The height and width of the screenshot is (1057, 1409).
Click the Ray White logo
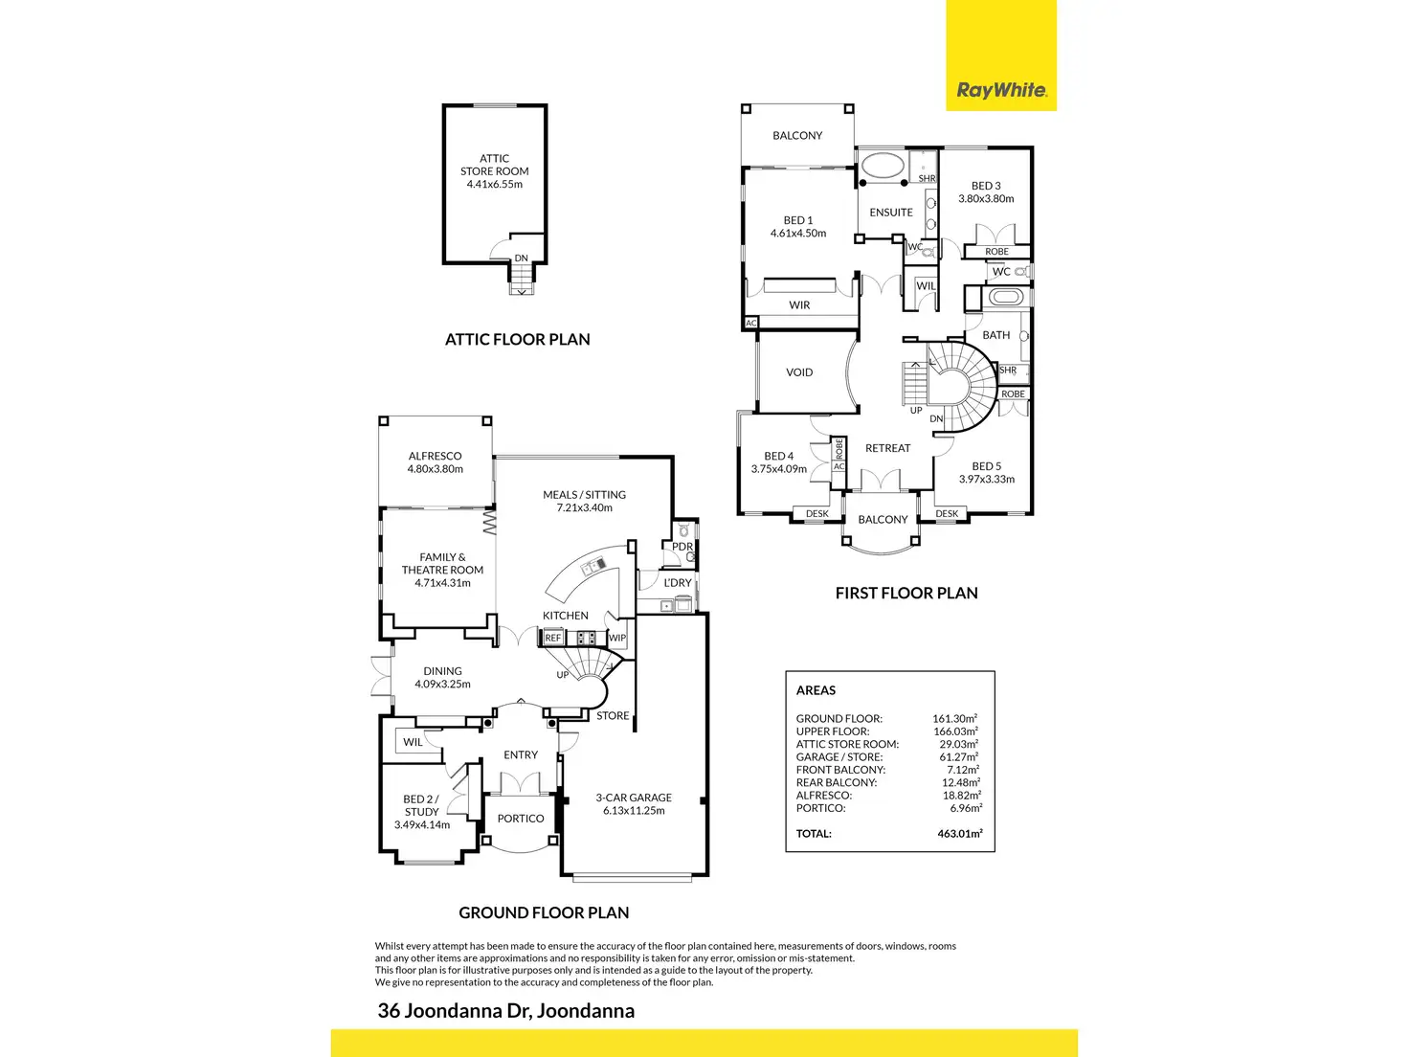click(1001, 90)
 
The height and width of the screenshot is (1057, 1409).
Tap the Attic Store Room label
click(494, 171)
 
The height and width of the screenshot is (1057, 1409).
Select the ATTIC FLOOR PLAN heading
click(517, 339)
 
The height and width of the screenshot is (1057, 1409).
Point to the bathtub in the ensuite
click(883, 166)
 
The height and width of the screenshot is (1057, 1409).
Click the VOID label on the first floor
click(799, 372)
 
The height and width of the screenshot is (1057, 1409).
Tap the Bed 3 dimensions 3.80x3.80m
click(986, 199)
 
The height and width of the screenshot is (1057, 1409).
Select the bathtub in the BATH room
click(1004, 297)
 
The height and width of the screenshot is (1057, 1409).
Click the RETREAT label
click(887, 448)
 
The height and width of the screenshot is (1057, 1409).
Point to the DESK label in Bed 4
click(816, 514)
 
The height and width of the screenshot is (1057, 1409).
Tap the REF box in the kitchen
click(552, 638)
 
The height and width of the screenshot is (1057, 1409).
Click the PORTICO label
click(521, 819)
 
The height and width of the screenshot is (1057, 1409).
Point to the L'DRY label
click(678, 583)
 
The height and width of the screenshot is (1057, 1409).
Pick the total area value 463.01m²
click(960, 834)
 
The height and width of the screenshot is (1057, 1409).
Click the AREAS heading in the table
click(816, 690)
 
